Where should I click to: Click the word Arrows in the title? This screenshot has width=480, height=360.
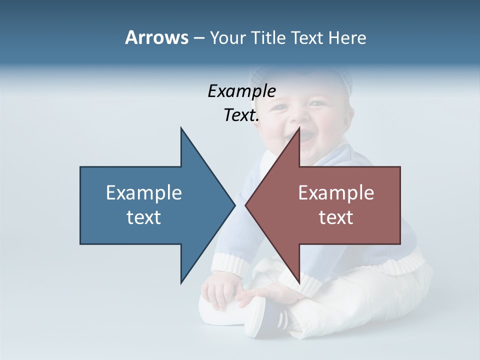point(156,38)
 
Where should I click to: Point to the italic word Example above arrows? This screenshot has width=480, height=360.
point(241,91)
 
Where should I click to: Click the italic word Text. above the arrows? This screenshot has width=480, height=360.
point(241,115)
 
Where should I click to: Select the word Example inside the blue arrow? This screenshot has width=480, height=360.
point(144,193)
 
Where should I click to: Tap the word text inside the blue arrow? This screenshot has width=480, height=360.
point(144,217)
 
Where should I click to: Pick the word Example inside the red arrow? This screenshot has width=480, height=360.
point(336,193)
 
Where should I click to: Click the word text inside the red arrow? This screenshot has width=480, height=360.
point(336,217)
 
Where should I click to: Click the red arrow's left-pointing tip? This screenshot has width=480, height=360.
point(246,205)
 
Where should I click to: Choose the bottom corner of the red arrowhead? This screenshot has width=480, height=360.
point(299,282)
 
